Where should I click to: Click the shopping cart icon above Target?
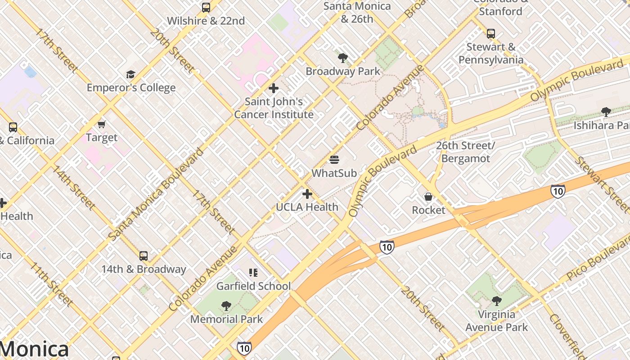pyautogui.click(x=101, y=124)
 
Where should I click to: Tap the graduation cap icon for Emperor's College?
pyautogui.click(x=130, y=74)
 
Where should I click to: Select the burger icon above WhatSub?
pyautogui.click(x=334, y=160)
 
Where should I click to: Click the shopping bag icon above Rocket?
pyautogui.click(x=428, y=197)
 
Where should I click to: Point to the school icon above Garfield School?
pyautogui.click(x=253, y=273)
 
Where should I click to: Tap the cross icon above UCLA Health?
pyautogui.click(x=307, y=194)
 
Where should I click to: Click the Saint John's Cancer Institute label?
pyautogui.click(x=274, y=108)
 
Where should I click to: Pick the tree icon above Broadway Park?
pyautogui.click(x=343, y=58)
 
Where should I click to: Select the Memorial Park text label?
pyautogui.click(x=226, y=319)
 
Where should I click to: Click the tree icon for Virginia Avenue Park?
pyautogui.click(x=496, y=301)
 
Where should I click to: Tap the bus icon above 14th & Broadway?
pyautogui.click(x=143, y=256)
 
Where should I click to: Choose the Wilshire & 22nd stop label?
pyautogui.click(x=206, y=21)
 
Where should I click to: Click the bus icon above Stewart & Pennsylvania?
pyautogui.click(x=491, y=33)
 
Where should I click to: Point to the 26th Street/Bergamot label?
pyautogui.click(x=465, y=152)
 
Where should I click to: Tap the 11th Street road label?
pyautogui.click(x=50, y=283)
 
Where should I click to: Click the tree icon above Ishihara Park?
pyautogui.click(x=606, y=112)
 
